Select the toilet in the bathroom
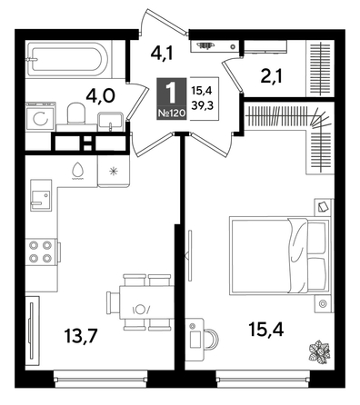76,114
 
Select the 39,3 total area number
203,106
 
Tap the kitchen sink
40,196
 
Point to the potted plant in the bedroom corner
319,351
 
